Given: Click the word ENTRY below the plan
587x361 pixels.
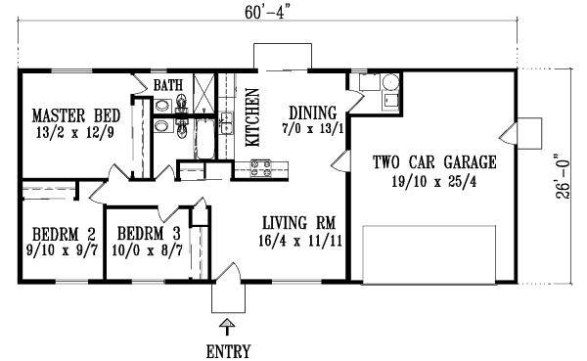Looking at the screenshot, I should click(x=227, y=350).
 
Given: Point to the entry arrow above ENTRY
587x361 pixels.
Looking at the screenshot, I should click(x=227, y=327).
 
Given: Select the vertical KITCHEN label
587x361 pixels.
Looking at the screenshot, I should click(x=251, y=116).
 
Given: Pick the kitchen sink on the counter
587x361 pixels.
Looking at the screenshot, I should click(x=225, y=122).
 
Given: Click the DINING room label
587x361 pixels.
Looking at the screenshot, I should click(x=312, y=112).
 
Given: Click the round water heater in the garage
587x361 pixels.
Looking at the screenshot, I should click(x=388, y=98).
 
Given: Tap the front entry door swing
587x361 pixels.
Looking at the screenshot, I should click(x=227, y=287).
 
